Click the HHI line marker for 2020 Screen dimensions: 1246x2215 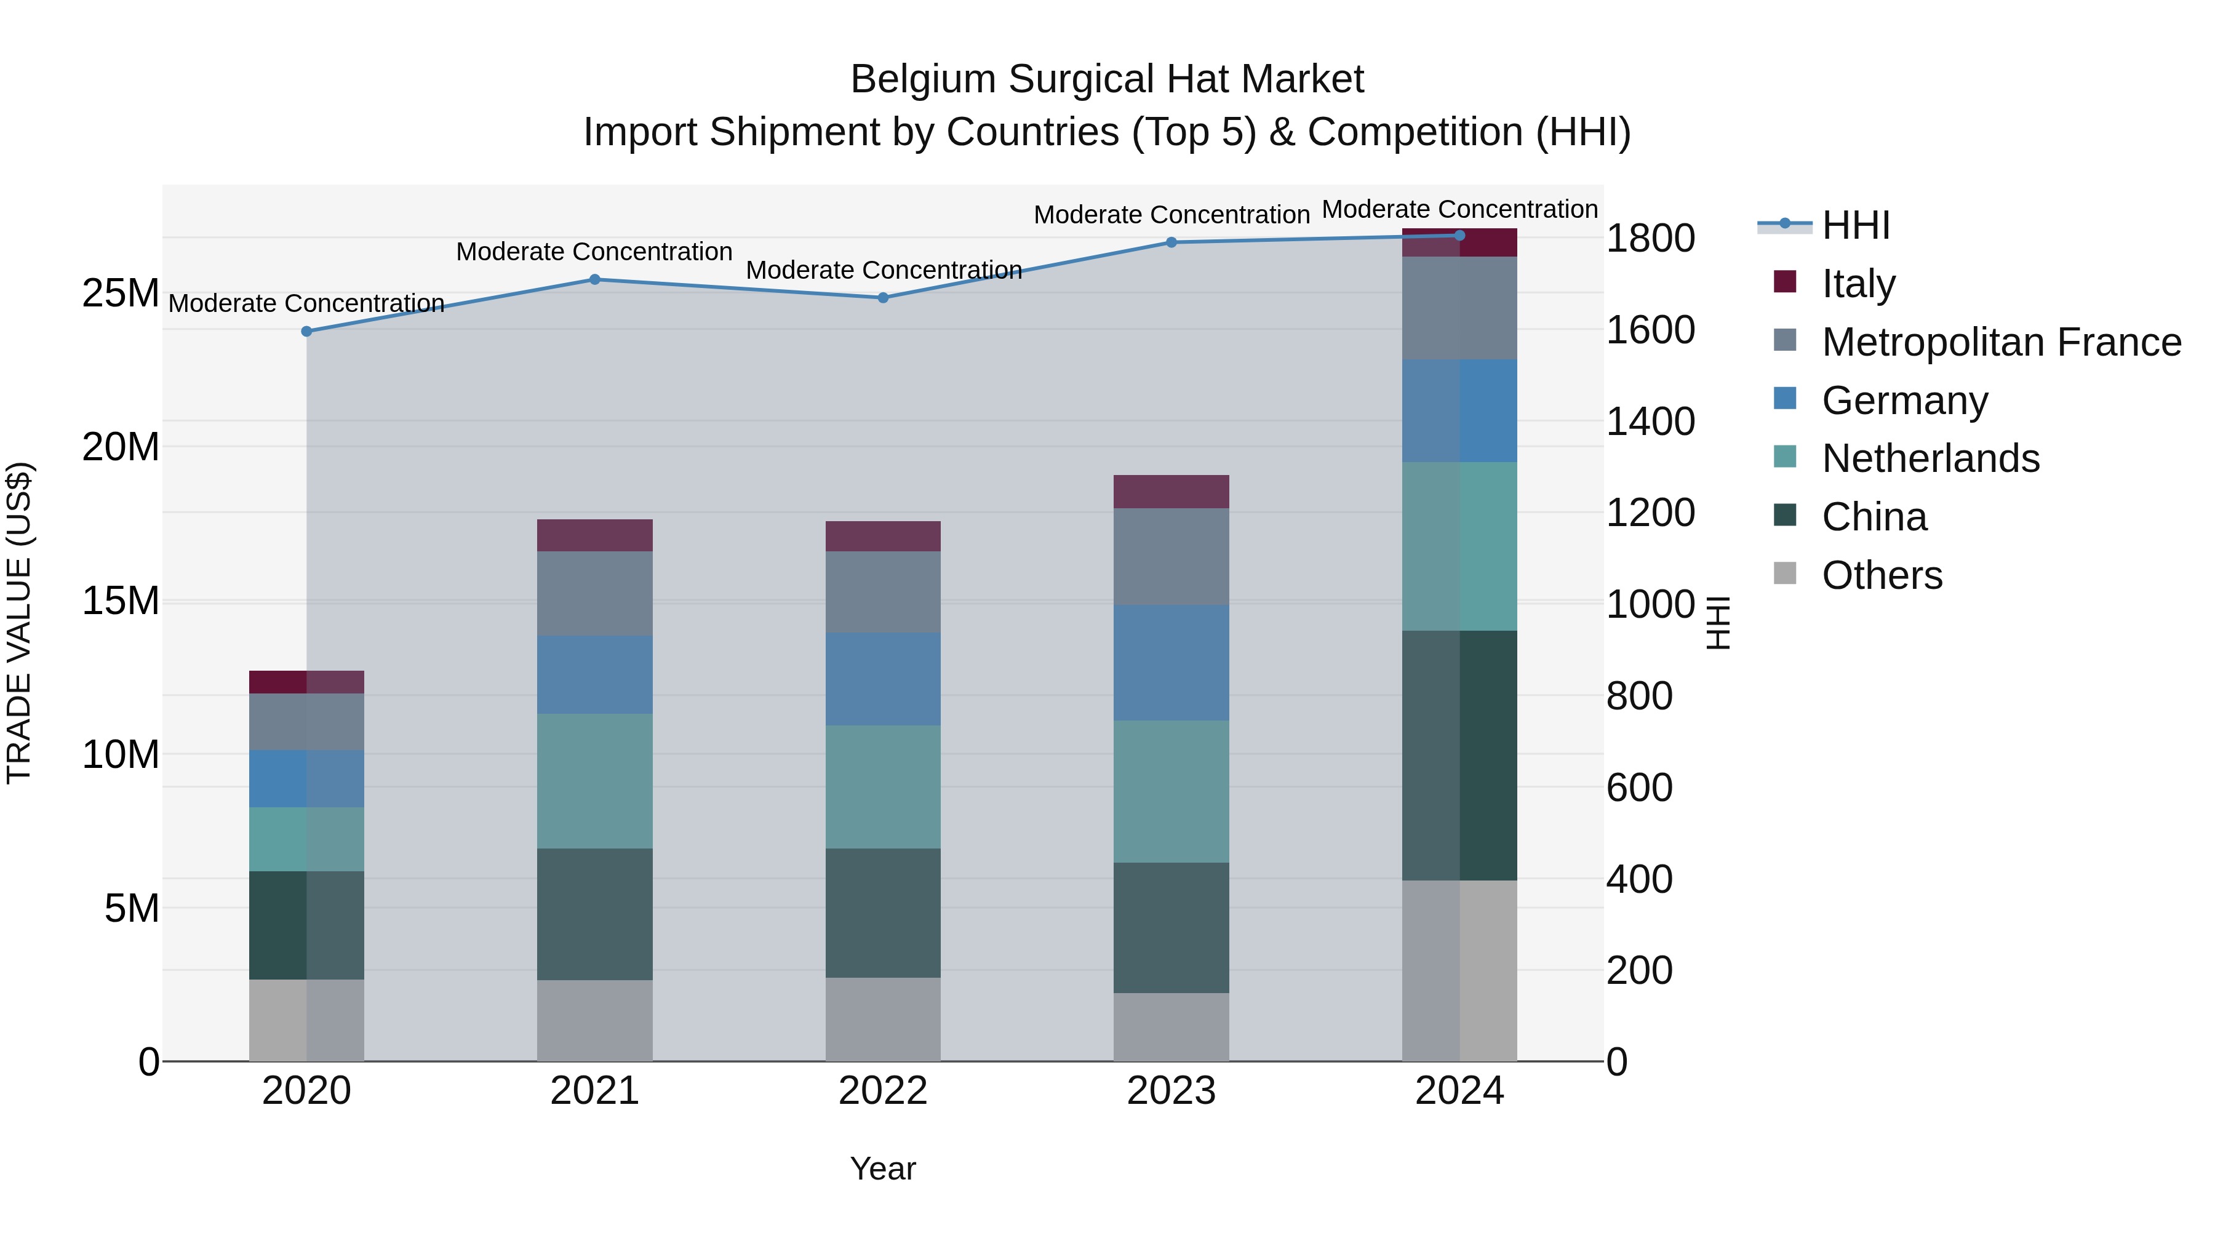click(x=306, y=331)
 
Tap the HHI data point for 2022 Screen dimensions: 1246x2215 click(x=882, y=298)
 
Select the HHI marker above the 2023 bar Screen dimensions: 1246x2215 click(x=1170, y=242)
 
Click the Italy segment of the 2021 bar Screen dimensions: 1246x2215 click(x=594, y=535)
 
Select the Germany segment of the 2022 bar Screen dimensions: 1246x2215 click(x=882, y=679)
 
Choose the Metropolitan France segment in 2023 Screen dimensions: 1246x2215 click(x=1170, y=556)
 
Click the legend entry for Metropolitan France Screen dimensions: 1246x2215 click(x=2000, y=341)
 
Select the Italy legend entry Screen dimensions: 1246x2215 click(x=1858, y=283)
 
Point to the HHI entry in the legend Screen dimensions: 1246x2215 click(x=1854, y=225)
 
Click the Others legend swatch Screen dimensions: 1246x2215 click(x=1785, y=573)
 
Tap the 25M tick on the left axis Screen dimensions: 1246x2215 click(x=121, y=294)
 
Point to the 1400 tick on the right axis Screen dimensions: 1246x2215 click(x=1649, y=421)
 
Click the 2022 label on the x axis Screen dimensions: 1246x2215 click(x=882, y=1091)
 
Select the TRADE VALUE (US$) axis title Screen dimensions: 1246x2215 click(x=19, y=623)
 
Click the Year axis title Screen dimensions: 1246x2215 click(x=882, y=1168)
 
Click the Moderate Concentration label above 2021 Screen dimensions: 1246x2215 click(x=594, y=252)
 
